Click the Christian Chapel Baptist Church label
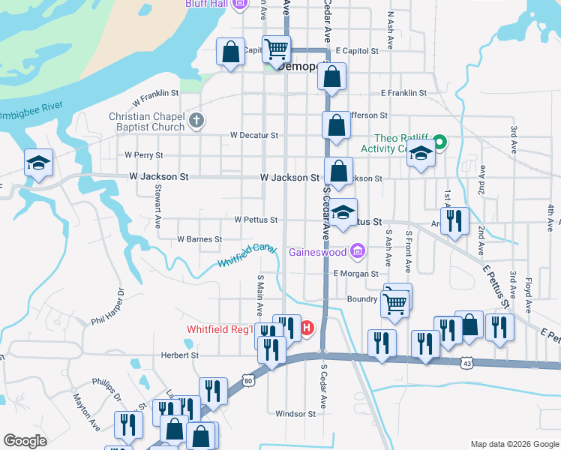146,121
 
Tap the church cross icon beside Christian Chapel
196,121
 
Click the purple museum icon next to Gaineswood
358,251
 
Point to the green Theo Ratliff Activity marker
441,139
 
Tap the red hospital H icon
306,327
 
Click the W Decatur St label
254,136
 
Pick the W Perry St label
144,154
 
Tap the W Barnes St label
199,239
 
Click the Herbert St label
179,355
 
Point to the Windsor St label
295,413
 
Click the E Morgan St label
355,274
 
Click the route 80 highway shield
248,379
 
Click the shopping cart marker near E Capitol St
277,49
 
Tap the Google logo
25,440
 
